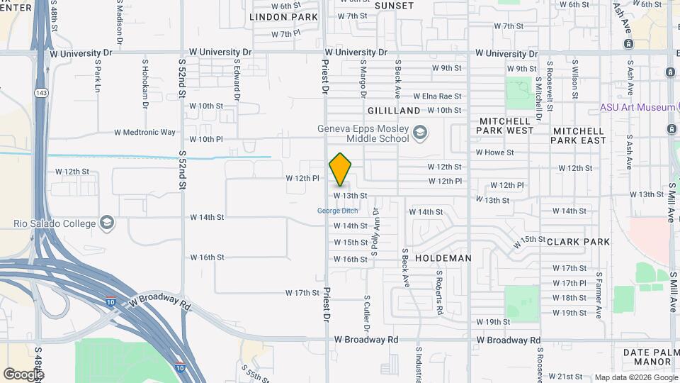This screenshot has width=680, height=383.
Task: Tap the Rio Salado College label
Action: (x=54, y=224)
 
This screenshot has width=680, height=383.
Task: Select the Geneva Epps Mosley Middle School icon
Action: (x=420, y=133)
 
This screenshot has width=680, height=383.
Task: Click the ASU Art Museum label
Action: (x=637, y=107)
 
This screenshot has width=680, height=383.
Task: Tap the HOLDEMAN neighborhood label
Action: (x=443, y=258)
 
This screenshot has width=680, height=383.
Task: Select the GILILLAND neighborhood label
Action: (x=394, y=111)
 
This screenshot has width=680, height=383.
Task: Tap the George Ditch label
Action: (x=337, y=211)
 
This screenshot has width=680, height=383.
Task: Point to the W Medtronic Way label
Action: (x=144, y=132)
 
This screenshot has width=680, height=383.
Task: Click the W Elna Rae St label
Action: (x=437, y=96)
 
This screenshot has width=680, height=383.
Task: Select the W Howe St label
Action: (x=494, y=152)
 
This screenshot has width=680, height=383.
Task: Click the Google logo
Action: (x=23, y=374)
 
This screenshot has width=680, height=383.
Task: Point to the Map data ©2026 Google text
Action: (x=635, y=377)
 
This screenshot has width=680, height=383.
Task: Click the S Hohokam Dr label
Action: (x=145, y=84)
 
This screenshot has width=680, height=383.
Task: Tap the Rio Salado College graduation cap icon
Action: (x=106, y=224)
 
